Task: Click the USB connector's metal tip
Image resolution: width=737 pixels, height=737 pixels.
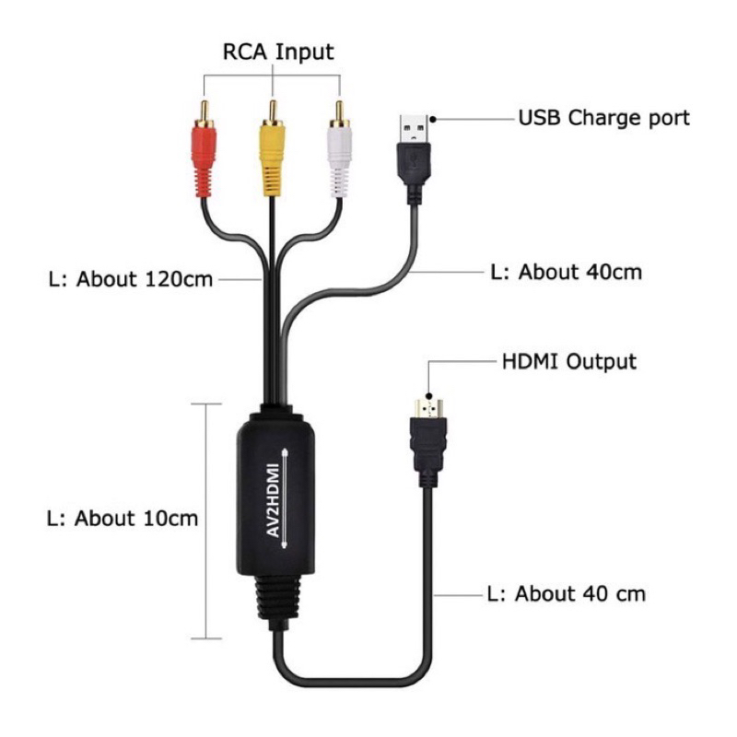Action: pos(414,129)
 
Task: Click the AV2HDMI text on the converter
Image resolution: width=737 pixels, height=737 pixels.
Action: pos(273,500)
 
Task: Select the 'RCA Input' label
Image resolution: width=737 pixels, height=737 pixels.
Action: pos(278,52)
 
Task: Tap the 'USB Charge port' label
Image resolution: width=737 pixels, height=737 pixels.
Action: pos(604,118)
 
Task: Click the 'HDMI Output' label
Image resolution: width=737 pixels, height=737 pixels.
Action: pos(569,361)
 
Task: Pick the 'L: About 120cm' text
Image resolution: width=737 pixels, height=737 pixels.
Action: pos(131,279)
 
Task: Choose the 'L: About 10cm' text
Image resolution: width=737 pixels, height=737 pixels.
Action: pos(123,518)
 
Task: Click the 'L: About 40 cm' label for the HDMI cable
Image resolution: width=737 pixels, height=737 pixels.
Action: pos(567,593)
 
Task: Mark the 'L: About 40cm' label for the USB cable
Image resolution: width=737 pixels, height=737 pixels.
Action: pos(566,272)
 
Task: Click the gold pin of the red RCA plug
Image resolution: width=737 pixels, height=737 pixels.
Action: pos(204,112)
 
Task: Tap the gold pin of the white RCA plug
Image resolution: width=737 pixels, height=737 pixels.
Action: pos(339,112)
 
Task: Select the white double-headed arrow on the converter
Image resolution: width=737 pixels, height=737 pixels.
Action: pos(285,498)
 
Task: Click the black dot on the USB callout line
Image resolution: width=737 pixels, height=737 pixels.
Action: pos(433,120)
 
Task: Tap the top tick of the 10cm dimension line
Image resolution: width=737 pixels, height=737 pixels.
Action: pos(206,404)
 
